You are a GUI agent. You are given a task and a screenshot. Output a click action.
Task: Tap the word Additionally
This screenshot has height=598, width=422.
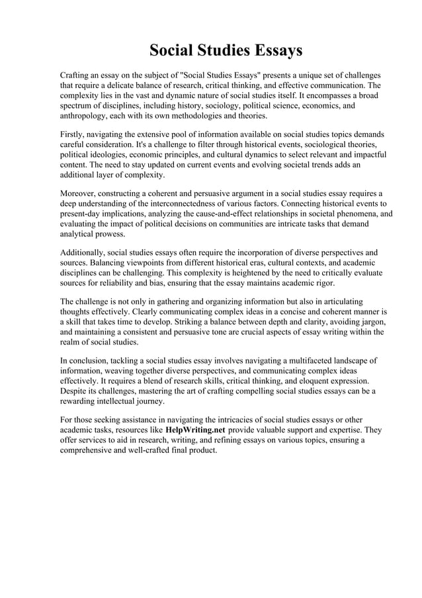pyautogui.click(x=85, y=253)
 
